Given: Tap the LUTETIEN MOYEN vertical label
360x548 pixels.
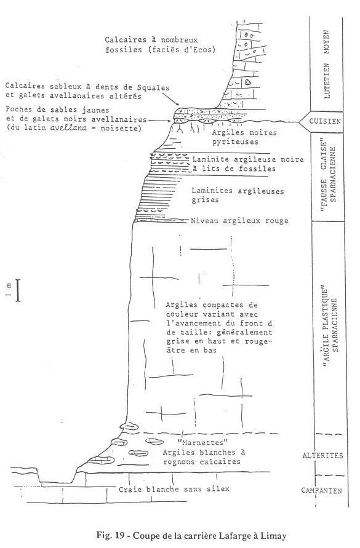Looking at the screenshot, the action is tap(327, 65).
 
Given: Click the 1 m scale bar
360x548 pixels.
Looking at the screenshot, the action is tap(18, 290).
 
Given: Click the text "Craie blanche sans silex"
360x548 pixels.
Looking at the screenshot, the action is tap(174, 489).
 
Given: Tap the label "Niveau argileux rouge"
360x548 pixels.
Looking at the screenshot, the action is tap(239, 221).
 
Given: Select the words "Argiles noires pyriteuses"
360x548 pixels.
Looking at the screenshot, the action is tap(244, 137).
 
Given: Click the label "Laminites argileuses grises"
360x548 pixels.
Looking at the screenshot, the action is tap(238, 196).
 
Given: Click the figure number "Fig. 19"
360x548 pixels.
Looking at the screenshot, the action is tap(110, 536).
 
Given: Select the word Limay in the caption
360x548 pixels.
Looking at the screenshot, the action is tap(274, 536).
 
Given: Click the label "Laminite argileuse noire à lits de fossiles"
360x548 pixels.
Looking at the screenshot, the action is tap(248, 164).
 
